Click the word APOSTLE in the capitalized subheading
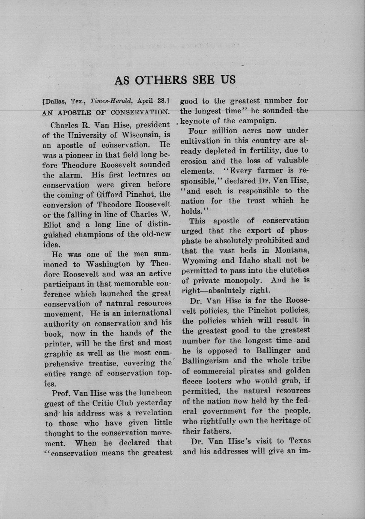[75, 112]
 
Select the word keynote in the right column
[196, 121]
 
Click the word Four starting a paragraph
[198, 131]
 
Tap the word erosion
[194, 161]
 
